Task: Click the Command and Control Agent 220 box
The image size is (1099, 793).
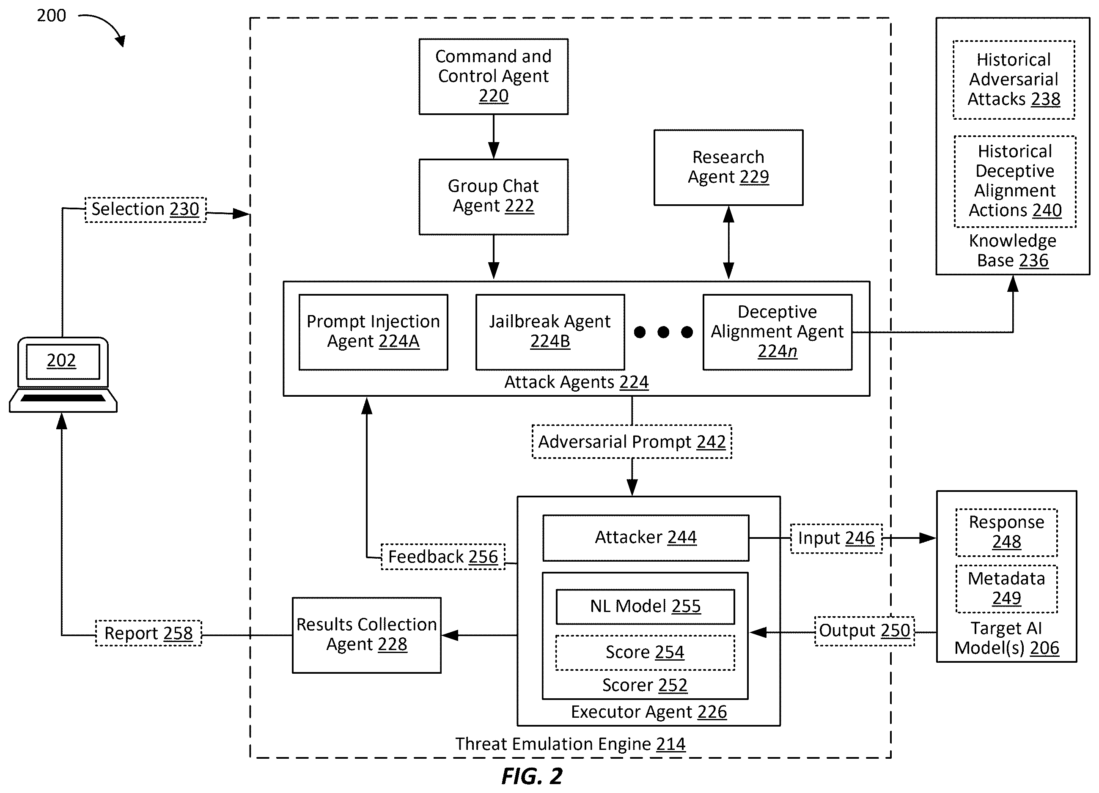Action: (493, 77)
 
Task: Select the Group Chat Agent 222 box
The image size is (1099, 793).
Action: (493, 197)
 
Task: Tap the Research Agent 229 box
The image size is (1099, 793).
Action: (728, 167)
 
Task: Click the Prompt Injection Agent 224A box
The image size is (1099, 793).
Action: (373, 332)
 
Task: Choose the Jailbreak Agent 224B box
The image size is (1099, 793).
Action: (550, 332)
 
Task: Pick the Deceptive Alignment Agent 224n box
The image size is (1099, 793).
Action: (777, 332)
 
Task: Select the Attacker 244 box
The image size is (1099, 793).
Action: (646, 538)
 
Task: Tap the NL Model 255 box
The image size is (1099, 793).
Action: (645, 606)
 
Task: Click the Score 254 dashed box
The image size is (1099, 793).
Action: (645, 653)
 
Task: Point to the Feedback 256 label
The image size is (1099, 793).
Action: (443, 557)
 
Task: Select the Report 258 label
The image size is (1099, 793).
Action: (148, 633)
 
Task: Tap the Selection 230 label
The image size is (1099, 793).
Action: (146, 210)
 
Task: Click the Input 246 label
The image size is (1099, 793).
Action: (836, 539)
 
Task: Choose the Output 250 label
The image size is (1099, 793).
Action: (865, 631)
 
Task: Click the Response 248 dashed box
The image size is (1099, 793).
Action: (1006, 532)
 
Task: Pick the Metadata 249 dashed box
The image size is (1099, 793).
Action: (1006, 589)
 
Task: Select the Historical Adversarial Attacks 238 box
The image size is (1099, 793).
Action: (1014, 80)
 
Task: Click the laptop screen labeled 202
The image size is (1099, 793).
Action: (63, 361)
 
